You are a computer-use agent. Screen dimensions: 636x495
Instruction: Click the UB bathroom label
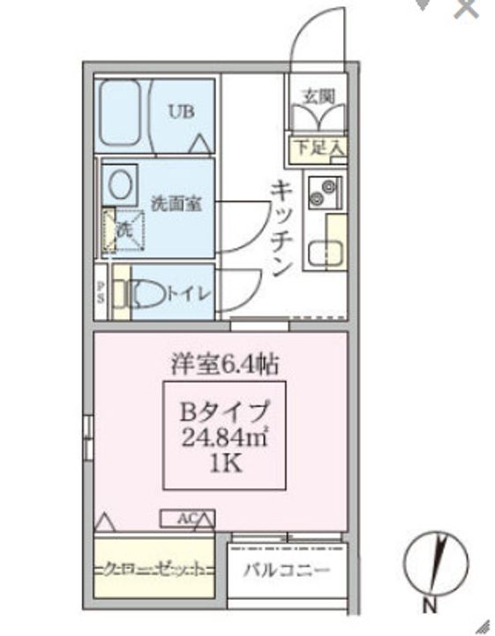[182, 111]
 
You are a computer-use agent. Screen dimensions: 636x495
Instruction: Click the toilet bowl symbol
[146, 294]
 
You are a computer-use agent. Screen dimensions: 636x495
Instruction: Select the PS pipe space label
[100, 292]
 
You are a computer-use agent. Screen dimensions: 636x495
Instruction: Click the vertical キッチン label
[281, 228]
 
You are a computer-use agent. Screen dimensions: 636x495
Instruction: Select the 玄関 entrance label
[319, 96]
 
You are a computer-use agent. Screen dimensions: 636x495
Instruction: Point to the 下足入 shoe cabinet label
[320, 147]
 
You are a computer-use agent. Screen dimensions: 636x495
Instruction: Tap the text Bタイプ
[224, 411]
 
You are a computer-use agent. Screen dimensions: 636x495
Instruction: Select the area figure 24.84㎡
[224, 437]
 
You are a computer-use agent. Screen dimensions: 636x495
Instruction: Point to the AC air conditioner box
[186, 519]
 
